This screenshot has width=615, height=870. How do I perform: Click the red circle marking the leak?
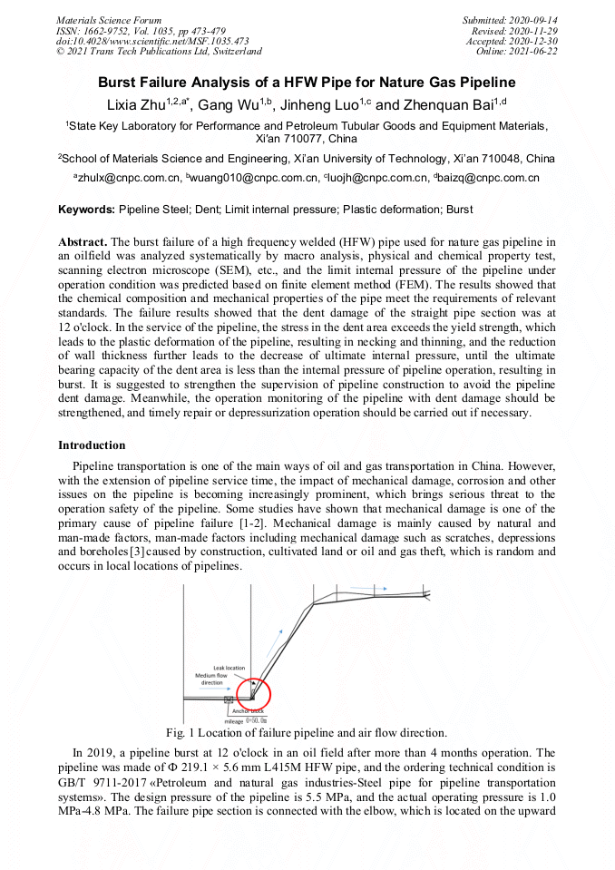(x=254, y=693)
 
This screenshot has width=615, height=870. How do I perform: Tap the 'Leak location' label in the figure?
(x=230, y=668)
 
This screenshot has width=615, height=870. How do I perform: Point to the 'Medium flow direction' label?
(x=211, y=679)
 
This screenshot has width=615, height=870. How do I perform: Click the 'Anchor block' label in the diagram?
(x=248, y=711)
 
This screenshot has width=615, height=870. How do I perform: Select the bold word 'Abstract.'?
(x=83, y=242)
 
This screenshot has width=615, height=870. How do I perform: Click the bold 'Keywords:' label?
(x=87, y=210)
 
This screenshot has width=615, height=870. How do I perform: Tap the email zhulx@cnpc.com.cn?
(x=129, y=179)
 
